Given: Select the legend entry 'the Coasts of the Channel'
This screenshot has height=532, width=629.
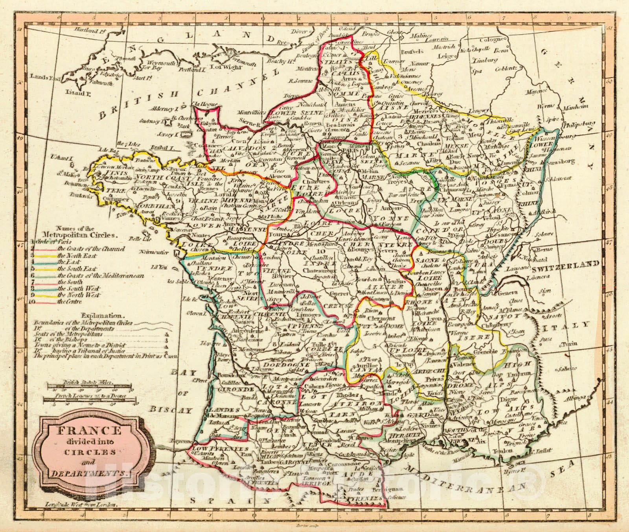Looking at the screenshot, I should [x=91, y=249].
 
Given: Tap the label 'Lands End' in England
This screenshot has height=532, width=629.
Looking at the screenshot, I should [x=40, y=78].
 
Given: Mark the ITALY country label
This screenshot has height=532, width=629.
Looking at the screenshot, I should [x=575, y=324].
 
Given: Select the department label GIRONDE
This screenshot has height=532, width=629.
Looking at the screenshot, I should [x=241, y=389].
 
